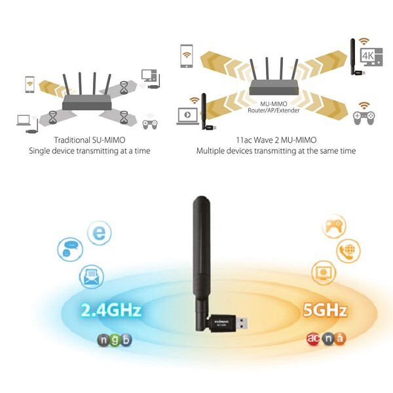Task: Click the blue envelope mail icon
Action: [x=89, y=278]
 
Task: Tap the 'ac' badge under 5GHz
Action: [x=312, y=339]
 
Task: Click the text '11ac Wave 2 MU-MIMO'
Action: [x=276, y=140]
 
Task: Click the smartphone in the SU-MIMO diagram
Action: [x=29, y=84]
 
